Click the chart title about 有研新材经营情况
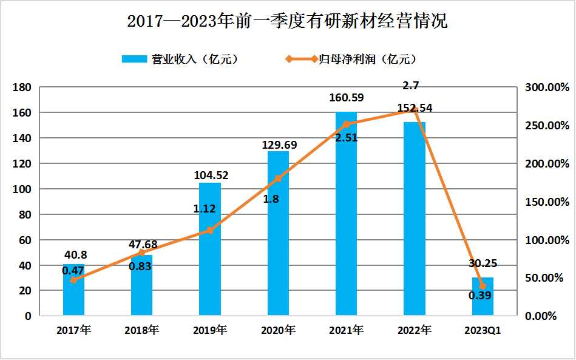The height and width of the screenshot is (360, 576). tap(287, 22)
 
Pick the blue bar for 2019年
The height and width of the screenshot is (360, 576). tap(210, 249)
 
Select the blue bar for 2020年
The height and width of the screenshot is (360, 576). tap(278, 234)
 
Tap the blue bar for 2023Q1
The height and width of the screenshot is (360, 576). tap(483, 297)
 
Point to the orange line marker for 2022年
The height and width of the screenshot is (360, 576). tap(415, 110)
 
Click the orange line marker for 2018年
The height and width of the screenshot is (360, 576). tap(141, 253)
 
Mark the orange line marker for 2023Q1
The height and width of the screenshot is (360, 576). tap(483, 286)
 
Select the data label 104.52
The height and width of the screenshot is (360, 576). tap(210, 175)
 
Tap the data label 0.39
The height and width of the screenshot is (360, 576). tap(479, 296)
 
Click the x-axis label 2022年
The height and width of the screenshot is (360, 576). tap(415, 331)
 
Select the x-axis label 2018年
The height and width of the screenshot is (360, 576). tap(141, 331)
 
